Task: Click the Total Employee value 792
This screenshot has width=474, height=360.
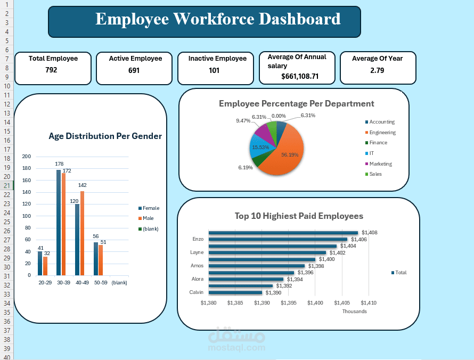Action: pos(51,70)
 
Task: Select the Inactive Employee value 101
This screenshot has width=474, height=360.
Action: pos(214,70)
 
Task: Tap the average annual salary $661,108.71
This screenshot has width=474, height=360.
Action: pos(300,76)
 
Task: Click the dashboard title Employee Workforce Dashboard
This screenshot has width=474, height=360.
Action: pos(218,19)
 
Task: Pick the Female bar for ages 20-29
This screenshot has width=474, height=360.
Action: pos(40,263)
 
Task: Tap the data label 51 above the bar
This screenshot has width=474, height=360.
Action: pos(103,242)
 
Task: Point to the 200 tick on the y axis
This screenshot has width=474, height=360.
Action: pos(27,157)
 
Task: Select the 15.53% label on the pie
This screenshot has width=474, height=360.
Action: pos(260,147)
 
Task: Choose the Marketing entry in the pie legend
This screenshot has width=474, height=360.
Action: pos(380,164)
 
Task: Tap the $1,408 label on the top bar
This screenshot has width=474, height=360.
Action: pos(369,233)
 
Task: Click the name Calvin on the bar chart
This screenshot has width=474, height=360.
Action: pos(196,292)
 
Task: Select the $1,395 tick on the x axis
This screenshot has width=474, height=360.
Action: pos(289,303)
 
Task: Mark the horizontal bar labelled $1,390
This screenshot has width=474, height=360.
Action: pos(235,292)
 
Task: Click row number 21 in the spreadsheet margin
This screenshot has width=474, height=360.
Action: pos(6,185)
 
